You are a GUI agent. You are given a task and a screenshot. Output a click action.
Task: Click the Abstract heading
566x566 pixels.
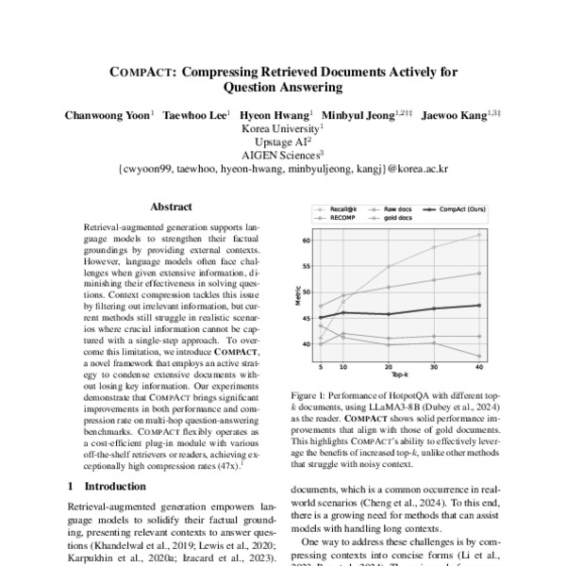pos(171,207)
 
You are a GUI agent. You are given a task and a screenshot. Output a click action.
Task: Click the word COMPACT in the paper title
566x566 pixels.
pos(142,70)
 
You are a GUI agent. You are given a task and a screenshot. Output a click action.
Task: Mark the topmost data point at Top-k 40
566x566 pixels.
pos(479,234)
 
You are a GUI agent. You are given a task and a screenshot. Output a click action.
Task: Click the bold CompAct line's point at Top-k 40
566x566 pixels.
pos(479,305)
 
